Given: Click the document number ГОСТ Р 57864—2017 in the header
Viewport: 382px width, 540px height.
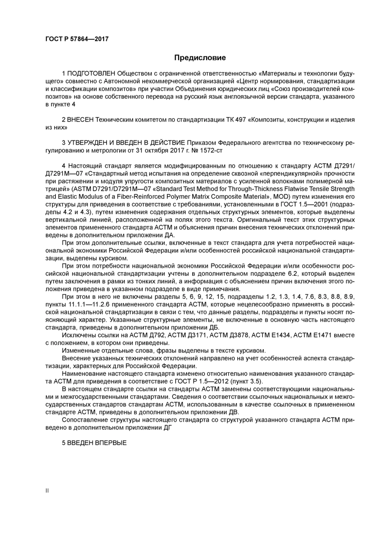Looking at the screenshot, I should pyautogui.click(x=77, y=39).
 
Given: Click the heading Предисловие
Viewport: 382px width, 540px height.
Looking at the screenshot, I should pyautogui.click(x=200, y=57).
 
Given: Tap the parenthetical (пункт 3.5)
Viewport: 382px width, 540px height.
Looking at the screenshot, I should pyautogui.click(x=246, y=381).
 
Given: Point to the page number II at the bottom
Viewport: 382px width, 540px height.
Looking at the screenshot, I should pyautogui.click(x=47, y=491).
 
